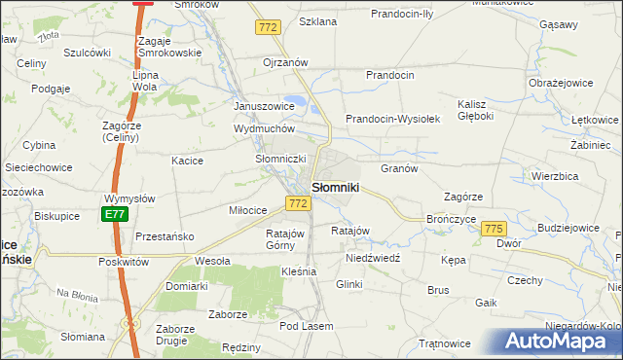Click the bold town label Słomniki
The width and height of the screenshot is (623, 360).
[x=336, y=186]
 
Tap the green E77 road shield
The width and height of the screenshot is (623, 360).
[x=115, y=214]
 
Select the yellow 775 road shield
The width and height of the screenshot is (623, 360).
[x=494, y=228]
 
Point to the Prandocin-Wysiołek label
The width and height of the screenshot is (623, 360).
[x=395, y=119]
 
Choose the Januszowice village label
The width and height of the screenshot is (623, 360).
[x=264, y=106]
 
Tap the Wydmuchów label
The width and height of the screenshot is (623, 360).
[x=264, y=128]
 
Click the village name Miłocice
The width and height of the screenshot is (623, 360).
[x=248, y=210]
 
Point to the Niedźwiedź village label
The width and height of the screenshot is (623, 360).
[x=374, y=260]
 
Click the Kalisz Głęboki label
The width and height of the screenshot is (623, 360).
[x=476, y=110]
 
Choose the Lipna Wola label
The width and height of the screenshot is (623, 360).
[x=144, y=80]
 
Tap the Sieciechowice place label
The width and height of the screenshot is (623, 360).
[x=39, y=167]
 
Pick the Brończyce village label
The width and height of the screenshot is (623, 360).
[x=451, y=220]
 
